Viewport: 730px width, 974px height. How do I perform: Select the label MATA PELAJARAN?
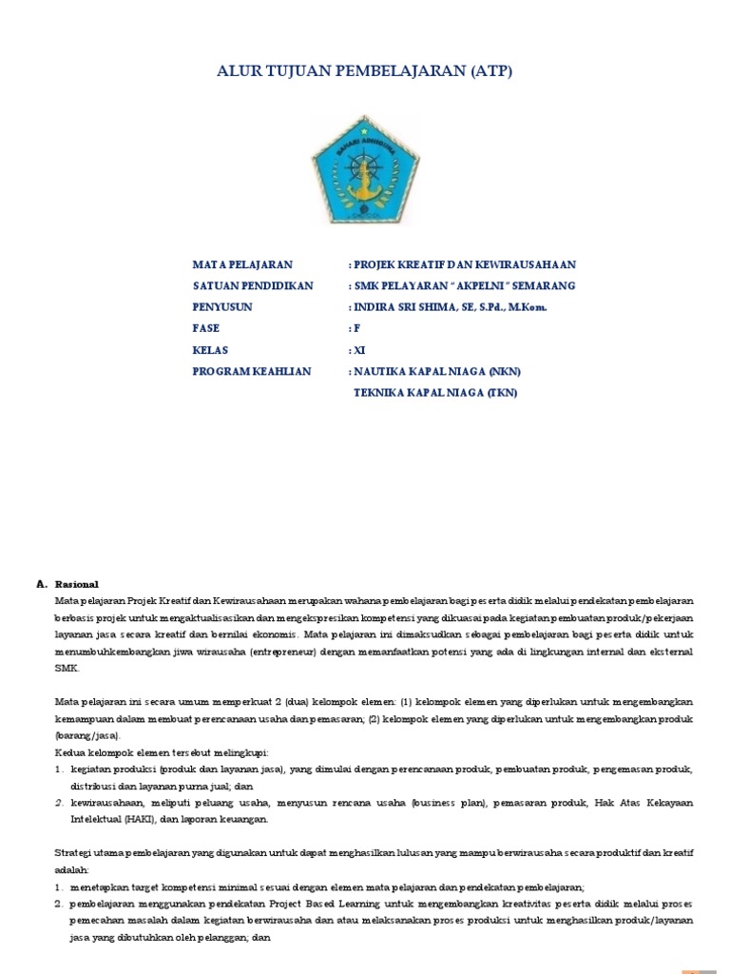tap(242, 264)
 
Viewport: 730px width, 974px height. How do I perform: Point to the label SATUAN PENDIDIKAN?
tap(252, 285)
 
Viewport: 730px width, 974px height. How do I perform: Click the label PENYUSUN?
tap(222, 307)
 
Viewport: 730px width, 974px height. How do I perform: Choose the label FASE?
tap(206, 328)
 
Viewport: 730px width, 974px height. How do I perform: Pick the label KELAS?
tap(210, 350)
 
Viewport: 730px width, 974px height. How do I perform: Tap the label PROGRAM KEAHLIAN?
tap(252, 371)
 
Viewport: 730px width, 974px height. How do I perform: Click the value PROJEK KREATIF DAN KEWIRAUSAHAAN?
tap(465, 264)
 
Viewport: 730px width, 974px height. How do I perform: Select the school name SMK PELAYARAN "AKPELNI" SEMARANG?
tap(464, 285)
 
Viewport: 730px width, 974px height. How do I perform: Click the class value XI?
tap(359, 350)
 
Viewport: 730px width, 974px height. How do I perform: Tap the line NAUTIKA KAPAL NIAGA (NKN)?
tap(438, 371)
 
